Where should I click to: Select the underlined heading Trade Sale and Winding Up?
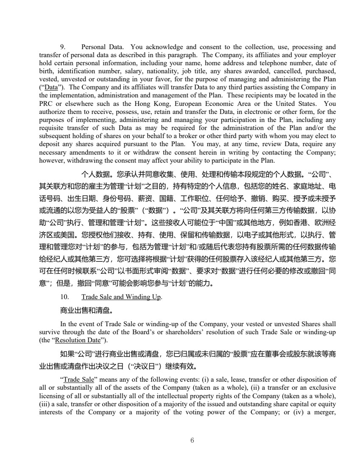pos(121,297)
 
